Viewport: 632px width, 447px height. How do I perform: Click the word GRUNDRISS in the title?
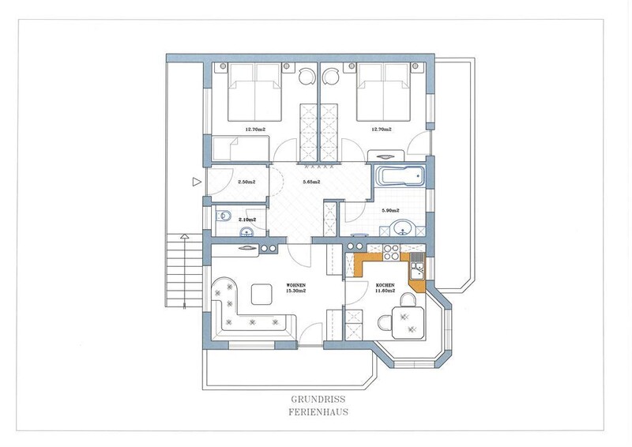(318, 400)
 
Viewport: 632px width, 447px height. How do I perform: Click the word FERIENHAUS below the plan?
(318, 412)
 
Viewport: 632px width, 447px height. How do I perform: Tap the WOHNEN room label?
(295, 285)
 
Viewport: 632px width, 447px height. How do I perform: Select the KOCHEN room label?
(386, 285)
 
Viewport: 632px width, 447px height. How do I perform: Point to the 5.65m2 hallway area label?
(311, 182)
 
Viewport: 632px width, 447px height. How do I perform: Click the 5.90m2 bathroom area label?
(390, 210)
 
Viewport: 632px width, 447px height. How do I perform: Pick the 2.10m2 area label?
(247, 220)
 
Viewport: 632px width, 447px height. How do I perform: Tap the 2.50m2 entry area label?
(246, 182)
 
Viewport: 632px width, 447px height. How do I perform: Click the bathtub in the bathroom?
(400, 177)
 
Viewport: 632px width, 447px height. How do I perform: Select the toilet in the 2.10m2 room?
(223, 216)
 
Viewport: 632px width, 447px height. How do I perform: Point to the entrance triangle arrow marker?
(197, 182)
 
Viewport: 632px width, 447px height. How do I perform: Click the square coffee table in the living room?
(261, 295)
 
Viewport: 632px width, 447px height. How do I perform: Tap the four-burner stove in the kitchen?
(391, 252)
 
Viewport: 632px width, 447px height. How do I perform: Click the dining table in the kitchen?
(408, 322)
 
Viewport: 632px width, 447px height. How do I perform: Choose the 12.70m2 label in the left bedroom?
(255, 130)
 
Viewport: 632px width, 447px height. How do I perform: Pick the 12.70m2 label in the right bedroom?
(382, 130)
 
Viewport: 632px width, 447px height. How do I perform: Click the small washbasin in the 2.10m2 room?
(246, 231)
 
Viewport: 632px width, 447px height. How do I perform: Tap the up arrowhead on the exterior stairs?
(184, 236)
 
